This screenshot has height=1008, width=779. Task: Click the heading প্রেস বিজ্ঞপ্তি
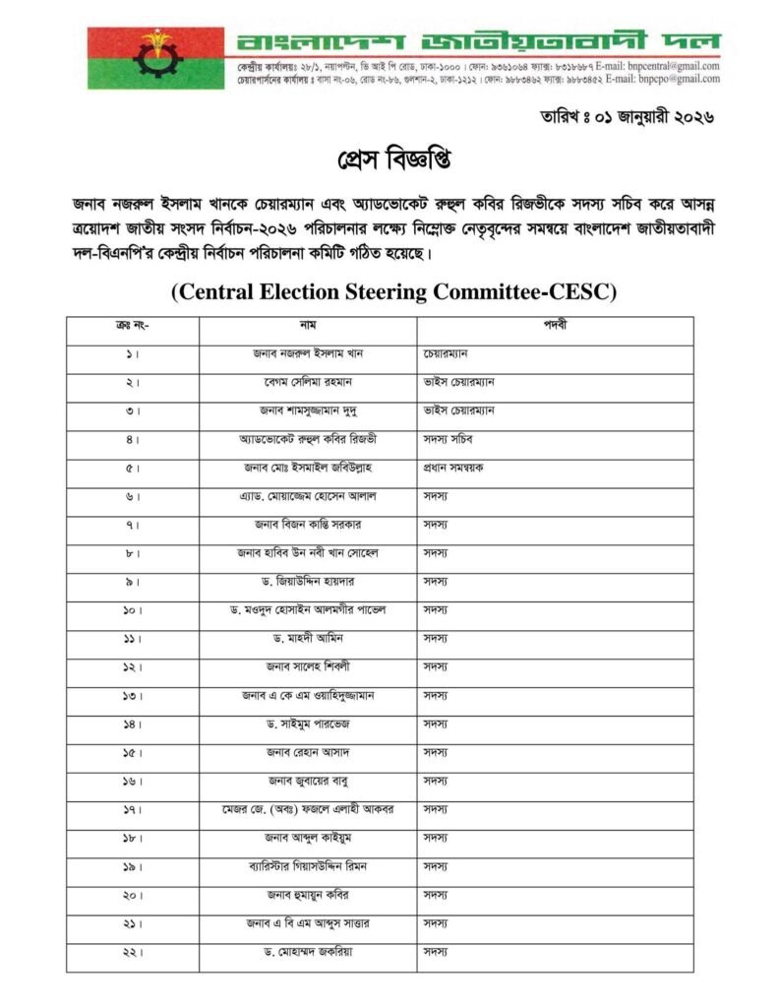389,158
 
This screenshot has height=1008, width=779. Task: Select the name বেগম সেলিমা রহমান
308,382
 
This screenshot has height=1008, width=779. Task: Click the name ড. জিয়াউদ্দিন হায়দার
308,582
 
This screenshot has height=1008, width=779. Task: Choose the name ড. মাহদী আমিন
308,639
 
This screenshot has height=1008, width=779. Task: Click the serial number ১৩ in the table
133,696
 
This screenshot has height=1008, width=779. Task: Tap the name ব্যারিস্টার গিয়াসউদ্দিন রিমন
308,867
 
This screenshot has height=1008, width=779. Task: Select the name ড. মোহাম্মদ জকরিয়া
308,953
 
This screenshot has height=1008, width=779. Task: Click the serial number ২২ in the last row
133,953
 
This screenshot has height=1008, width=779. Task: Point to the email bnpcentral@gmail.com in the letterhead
675,67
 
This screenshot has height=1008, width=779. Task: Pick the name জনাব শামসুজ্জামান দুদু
308,410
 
